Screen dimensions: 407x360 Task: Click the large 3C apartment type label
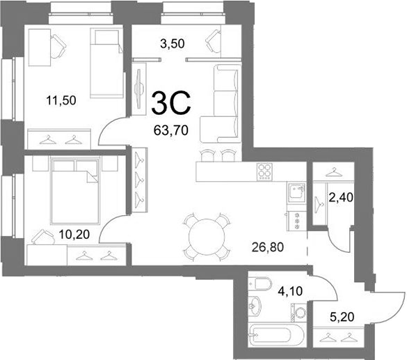[x=171, y=103]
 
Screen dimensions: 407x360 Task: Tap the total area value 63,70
[x=170, y=130]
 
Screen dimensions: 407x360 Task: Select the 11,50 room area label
[x=61, y=100]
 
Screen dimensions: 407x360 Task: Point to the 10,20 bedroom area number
[x=74, y=235]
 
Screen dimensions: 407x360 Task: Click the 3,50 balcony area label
[x=173, y=43]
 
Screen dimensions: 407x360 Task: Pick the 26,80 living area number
[x=268, y=247]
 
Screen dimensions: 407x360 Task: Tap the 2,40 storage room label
[x=341, y=198]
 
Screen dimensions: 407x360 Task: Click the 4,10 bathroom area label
[x=290, y=291]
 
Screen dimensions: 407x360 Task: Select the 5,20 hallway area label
[x=342, y=317]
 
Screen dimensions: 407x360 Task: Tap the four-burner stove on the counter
[x=265, y=172]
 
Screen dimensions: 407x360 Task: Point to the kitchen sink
[x=296, y=192]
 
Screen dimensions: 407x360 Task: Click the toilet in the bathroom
[x=260, y=283]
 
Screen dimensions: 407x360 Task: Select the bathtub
[x=275, y=335]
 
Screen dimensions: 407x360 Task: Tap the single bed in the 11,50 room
[x=106, y=63]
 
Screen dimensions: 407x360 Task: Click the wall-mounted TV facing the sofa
[x=139, y=89]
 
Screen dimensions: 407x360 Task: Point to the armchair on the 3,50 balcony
[x=213, y=41]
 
